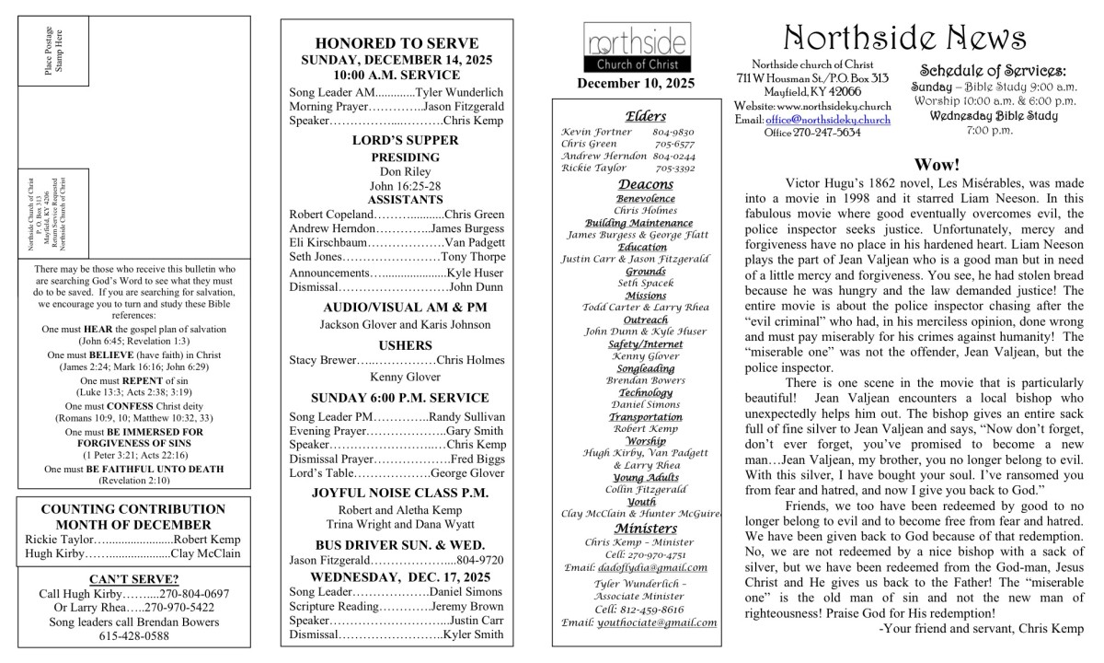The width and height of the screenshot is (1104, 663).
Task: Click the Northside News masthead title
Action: coord(906,38)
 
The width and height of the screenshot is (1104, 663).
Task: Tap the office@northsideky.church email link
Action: coord(828,120)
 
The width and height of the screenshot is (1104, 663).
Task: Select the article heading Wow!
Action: coord(937,165)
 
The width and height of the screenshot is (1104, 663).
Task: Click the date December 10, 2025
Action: coord(636,84)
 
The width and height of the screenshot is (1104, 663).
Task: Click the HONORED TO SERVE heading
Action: coord(397,43)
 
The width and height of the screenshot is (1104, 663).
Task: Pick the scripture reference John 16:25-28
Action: coord(393,186)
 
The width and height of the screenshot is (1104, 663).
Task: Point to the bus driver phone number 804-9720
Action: coord(480,560)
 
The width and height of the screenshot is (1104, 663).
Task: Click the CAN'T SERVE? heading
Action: coord(133,579)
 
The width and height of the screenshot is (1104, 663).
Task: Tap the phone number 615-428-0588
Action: coord(133,635)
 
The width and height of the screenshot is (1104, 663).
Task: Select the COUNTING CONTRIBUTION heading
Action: coord(133,508)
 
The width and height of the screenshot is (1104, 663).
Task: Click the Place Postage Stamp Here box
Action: coord(55,51)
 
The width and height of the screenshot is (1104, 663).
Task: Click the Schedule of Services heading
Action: coord(993,71)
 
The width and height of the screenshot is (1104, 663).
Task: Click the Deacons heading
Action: coord(645,184)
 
